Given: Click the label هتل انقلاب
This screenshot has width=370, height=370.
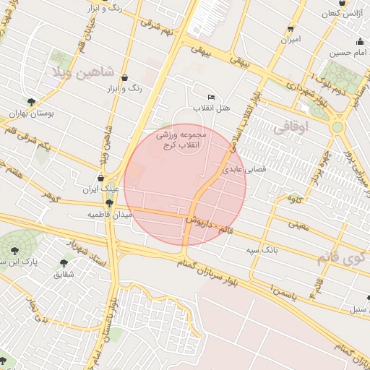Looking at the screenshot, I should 211,108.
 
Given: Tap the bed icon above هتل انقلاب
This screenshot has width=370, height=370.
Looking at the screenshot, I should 211,98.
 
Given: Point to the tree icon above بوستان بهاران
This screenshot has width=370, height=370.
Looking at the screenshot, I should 31,103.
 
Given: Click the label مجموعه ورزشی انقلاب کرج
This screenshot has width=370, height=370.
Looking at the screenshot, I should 182,139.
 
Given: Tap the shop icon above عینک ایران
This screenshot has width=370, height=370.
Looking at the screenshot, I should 100,178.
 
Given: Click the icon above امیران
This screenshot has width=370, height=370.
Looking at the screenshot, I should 291,28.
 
